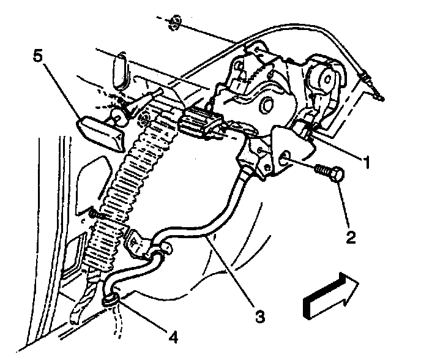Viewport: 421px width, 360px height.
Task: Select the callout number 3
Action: pyautogui.click(x=259, y=317)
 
